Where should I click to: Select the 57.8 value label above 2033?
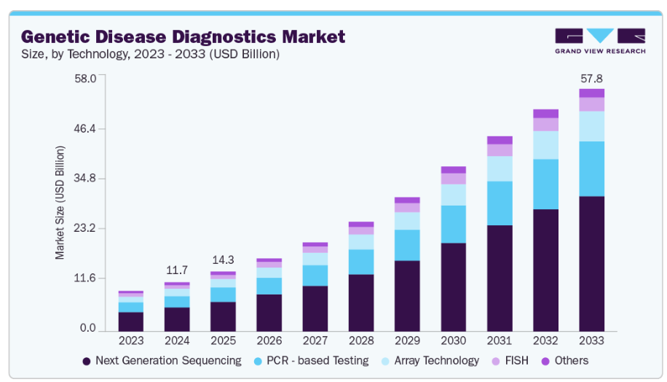pos(591,79)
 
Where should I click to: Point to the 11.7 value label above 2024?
pos(177,270)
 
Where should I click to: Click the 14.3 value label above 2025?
pos(223,260)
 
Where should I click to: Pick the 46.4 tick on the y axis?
pos(86,129)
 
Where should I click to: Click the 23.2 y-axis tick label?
pos(86,228)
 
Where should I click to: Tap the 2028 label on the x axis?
pos(361,340)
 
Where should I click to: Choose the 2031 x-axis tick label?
pos(500,340)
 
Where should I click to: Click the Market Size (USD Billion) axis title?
pos(60,203)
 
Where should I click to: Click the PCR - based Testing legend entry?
pos(314,361)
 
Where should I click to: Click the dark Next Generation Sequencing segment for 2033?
pos(591,262)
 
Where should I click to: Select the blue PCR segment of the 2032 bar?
pos(545,184)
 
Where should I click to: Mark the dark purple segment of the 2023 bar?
pos(131,321)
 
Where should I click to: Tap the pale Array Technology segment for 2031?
pos(500,168)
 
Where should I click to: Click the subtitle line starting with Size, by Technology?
pos(150,54)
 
